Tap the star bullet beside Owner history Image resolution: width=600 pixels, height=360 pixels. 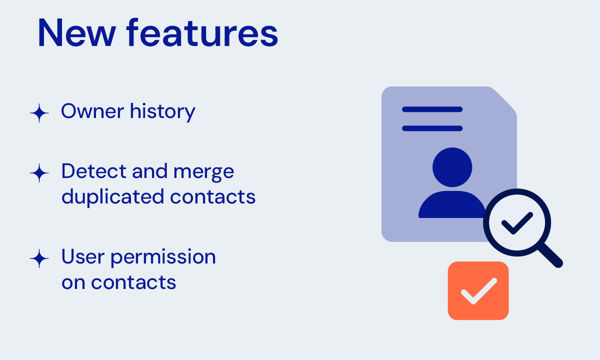39,113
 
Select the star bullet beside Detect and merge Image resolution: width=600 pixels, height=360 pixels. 39,173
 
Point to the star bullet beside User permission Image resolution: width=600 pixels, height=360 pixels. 39,258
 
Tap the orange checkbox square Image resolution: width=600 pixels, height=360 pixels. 478,290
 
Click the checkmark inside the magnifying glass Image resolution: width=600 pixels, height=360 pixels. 516,224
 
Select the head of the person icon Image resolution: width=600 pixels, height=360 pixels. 451,164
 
